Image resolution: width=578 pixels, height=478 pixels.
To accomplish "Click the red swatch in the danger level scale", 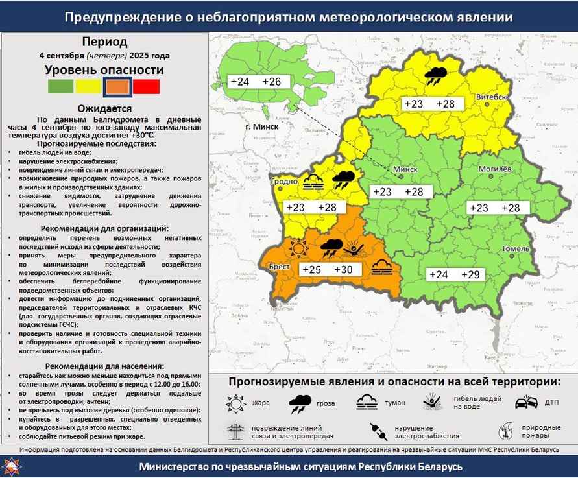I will click(x=147, y=86).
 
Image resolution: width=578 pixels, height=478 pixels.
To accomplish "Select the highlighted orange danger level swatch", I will click(x=117, y=86).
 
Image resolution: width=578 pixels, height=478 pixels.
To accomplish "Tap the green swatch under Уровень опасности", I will click(x=60, y=86).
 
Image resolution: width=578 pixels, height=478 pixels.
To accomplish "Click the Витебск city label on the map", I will click(x=491, y=97).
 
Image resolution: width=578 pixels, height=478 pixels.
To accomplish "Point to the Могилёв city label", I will click(x=495, y=169).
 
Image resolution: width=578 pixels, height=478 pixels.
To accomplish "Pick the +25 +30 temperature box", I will click(x=328, y=270).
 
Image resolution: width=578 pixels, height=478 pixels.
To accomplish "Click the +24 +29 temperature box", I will click(x=454, y=274).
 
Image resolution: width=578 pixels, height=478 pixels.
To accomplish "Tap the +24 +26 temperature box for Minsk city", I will click(x=255, y=82).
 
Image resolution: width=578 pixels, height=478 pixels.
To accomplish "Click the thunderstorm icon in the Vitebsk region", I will click(x=435, y=77).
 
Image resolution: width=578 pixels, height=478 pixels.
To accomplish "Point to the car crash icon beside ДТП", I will click(x=526, y=402).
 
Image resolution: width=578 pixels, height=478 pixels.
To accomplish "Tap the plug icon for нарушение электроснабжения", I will click(x=378, y=431).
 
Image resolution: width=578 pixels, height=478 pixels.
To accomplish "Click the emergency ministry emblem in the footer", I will click(x=13, y=466).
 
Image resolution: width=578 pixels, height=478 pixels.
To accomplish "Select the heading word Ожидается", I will click(x=104, y=108).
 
